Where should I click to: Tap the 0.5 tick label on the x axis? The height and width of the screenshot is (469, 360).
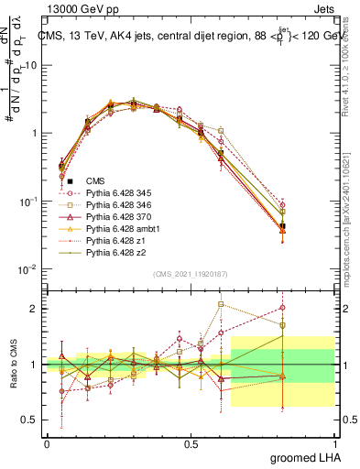pyautogui.click(x=191, y=444)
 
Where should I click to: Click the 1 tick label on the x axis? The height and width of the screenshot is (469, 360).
pyautogui.click(x=334, y=444)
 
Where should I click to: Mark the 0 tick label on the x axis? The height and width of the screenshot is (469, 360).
pyautogui.click(x=47, y=444)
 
